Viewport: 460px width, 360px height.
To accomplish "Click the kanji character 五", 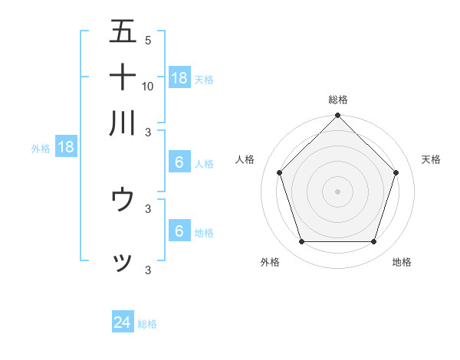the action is coord(123,31).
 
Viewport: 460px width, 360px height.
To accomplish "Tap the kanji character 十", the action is coord(123,77).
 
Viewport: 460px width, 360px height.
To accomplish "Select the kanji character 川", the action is coord(123,123).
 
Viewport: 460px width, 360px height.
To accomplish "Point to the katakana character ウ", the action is coord(123,200).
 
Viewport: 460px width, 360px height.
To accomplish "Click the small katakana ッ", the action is coord(123,262).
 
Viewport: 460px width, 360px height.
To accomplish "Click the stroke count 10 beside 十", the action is coord(148,86).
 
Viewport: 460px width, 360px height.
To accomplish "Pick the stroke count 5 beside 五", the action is coord(148,40).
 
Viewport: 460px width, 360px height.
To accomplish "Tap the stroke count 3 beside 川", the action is coord(148,132).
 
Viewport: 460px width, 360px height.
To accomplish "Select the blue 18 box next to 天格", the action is coord(179,77).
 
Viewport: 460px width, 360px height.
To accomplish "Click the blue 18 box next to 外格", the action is coord(66,148).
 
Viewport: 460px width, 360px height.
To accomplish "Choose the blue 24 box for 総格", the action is coord(123,323).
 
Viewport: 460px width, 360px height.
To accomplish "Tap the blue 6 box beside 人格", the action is coord(179,162).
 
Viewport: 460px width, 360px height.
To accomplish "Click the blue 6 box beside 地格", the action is coord(179,231).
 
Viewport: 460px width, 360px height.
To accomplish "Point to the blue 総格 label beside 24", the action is coord(147,324).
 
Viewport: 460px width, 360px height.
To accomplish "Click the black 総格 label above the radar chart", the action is coord(338,100).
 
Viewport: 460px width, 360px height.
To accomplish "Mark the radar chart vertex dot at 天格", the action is coord(396,172).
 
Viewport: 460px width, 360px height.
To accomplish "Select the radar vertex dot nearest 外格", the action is coord(301,242).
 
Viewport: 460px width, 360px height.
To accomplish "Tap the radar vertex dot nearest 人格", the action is coord(279,172).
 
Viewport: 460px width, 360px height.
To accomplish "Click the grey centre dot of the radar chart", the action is coord(338,191).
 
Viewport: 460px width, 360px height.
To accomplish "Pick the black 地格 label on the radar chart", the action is coord(402,263).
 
